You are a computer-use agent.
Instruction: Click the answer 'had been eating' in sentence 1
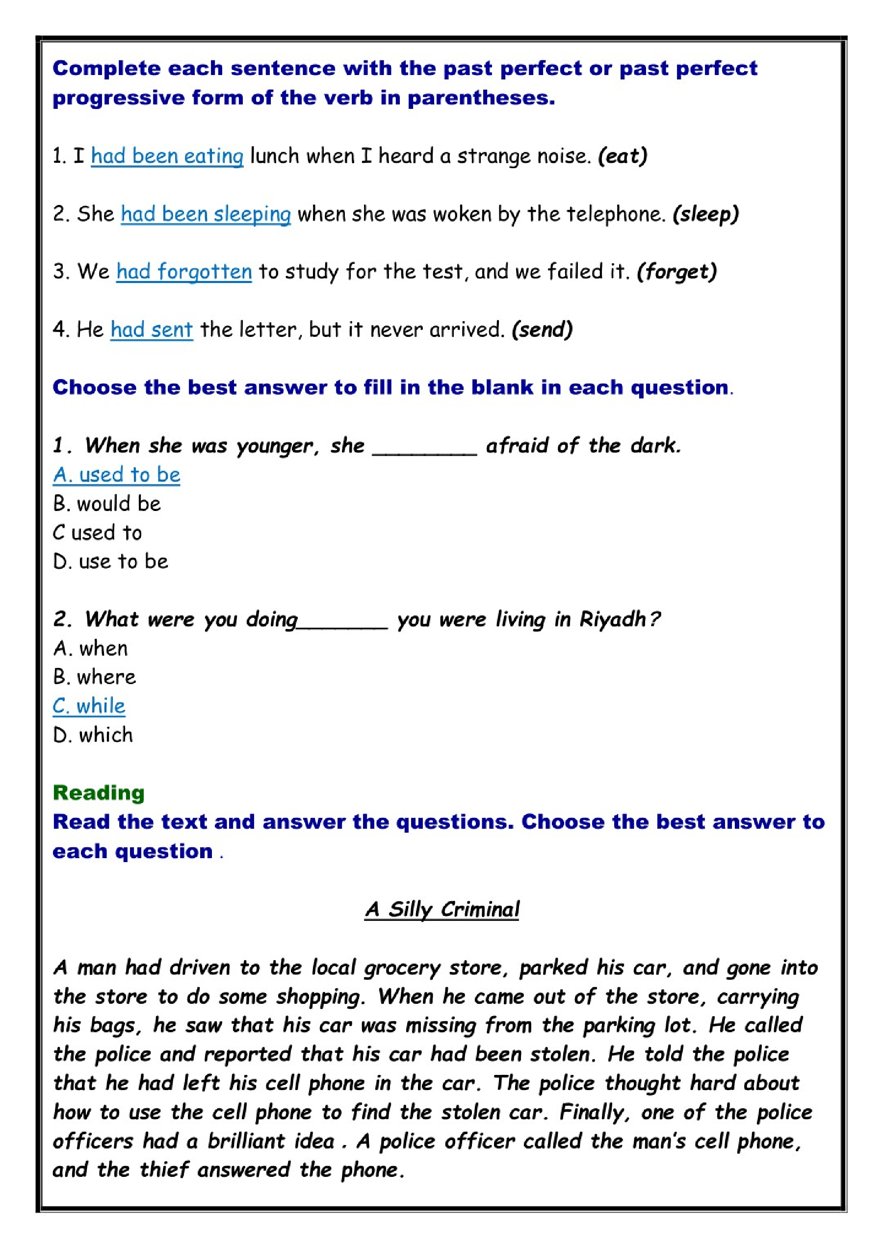[167, 156]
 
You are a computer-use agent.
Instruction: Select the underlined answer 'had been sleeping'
[206, 214]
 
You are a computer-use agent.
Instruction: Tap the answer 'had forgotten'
[184, 271]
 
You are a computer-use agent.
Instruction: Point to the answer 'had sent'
[152, 330]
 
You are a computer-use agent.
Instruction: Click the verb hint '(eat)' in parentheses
[623, 156]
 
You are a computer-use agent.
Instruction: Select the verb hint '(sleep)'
[706, 214]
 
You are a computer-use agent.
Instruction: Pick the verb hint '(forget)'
[677, 271]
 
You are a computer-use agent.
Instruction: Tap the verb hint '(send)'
[542, 330]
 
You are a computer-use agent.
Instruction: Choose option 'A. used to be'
[116, 475]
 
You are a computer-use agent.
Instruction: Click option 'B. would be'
[107, 504]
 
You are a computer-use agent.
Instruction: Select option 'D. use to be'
[111, 561]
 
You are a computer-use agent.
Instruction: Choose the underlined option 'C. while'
[89, 706]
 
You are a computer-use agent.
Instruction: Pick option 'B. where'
[95, 677]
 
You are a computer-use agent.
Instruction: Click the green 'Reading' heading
[99, 793]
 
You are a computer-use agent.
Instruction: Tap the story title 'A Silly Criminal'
[442, 909]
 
